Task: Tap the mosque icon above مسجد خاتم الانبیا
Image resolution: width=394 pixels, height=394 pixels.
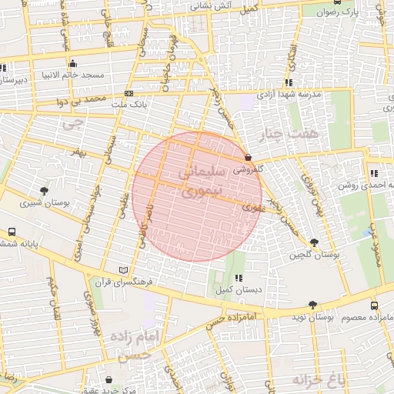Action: [72, 63]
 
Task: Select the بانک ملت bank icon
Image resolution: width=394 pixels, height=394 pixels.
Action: [128, 93]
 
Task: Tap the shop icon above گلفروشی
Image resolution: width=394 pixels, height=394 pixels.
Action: [247, 156]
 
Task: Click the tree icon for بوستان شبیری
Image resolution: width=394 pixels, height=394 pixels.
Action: [44, 191]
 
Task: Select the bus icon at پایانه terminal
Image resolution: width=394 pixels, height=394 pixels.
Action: [12, 232]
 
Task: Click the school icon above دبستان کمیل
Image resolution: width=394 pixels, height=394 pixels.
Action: [238, 278]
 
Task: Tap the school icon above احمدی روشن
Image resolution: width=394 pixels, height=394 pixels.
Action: [373, 173]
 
